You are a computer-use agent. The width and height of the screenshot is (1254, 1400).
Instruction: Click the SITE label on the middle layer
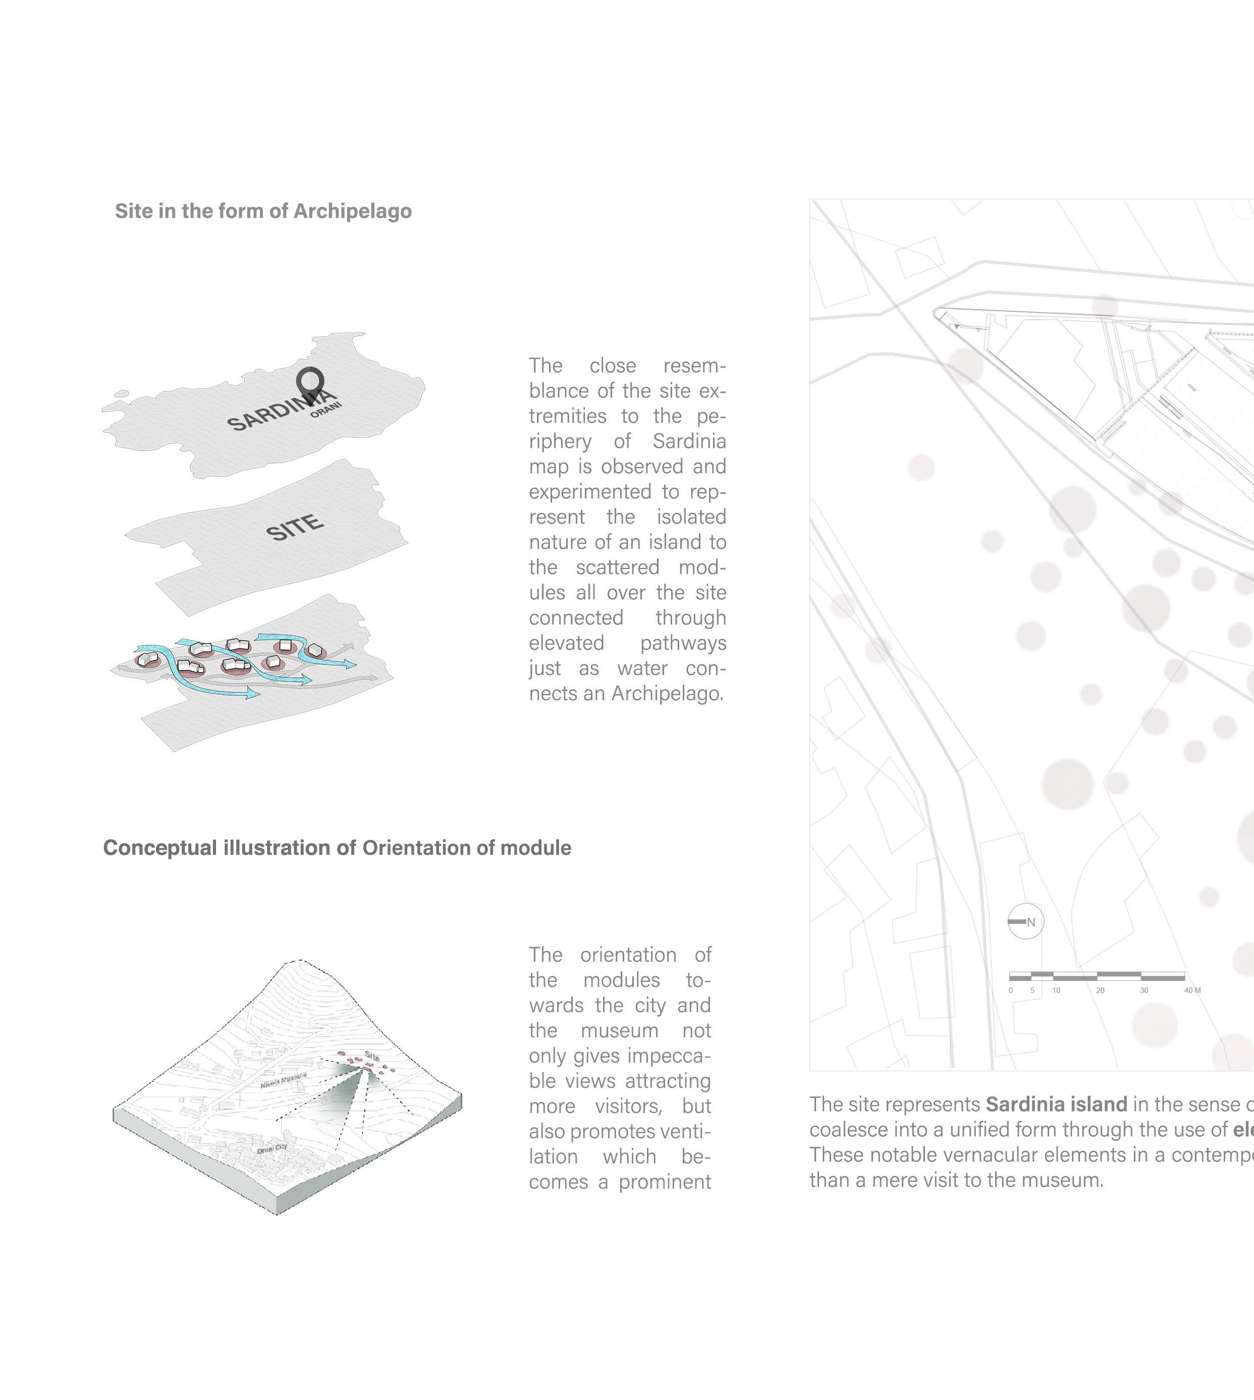(295, 528)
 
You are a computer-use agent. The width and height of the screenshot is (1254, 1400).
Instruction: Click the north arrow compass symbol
(1025, 921)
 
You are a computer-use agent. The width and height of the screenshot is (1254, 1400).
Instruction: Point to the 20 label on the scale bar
(1101, 990)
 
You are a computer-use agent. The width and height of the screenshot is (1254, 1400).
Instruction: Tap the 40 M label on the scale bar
(1192, 990)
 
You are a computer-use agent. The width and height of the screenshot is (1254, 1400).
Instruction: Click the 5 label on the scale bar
(1032, 990)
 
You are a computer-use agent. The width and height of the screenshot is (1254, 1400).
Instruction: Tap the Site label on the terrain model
(371, 1056)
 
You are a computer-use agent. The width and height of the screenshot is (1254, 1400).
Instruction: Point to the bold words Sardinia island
(1056, 1104)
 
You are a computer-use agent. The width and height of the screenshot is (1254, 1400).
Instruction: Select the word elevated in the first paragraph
(566, 643)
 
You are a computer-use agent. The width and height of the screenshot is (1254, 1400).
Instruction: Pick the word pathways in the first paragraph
(683, 643)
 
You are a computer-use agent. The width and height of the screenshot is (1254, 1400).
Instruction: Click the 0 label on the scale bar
(1011, 990)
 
